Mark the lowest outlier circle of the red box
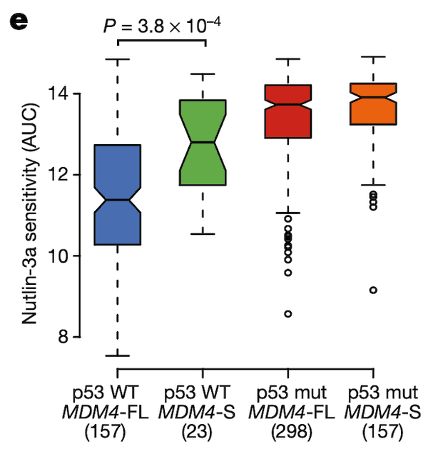(x=288, y=314)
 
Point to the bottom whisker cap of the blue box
(x=117, y=355)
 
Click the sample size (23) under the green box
(x=203, y=432)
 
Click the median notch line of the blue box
(x=117, y=200)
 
